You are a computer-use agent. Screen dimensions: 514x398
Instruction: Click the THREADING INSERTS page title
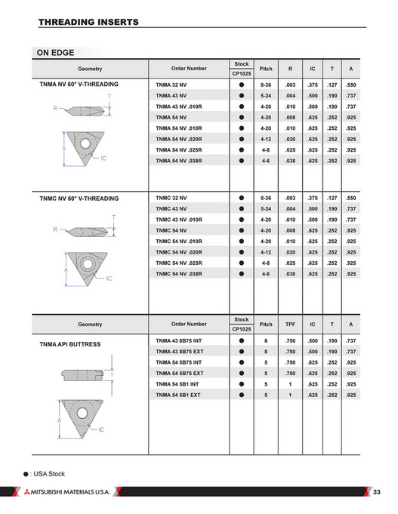pyautogui.click(x=88, y=23)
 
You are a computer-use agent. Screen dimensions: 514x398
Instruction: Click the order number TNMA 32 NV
pyautogui.click(x=172, y=85)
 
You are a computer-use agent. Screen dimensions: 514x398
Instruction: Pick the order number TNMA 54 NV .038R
pyautogui.click(x=182, y=161)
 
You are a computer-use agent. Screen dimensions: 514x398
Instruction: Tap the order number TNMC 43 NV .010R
pyautogui.click(x=182, y=219)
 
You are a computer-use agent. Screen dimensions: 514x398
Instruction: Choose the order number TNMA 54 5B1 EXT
pyautogui.click(x=178, y=395)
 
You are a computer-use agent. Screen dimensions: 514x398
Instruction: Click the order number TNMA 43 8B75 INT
pyautogui.click(x=180, y=341)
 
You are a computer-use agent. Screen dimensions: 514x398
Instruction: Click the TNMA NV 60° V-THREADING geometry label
pyautogui.click(x=79, y=85)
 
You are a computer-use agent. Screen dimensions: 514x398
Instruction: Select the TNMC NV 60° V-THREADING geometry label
pyautogui.click(x=79, y=198)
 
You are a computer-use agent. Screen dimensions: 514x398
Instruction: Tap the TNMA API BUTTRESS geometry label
pyautogui.click(x=69, y=343)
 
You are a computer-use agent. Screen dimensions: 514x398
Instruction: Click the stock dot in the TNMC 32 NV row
pyautogui.click(x=242, y=198)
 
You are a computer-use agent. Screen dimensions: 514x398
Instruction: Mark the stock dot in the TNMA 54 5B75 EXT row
pyautogui.click(x=242, y=374)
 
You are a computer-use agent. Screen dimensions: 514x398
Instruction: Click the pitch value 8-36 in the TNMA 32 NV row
pyautogui.click(x=266, y=85)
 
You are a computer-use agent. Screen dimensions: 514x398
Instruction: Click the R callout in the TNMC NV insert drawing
pyautogui.click(x=55, y=228)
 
